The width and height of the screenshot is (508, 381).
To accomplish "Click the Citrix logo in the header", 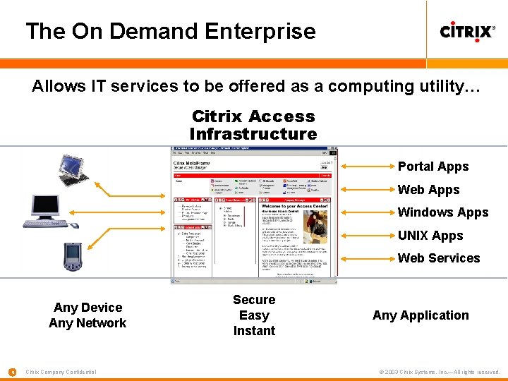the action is coord(466,32).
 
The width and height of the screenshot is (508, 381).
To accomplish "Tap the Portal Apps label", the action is coord(433,167).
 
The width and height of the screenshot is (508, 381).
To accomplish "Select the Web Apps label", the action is coord(428,190).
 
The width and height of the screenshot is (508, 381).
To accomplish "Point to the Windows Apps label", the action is coord(443,212).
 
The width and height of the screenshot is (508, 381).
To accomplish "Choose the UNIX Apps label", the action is coord(430,236).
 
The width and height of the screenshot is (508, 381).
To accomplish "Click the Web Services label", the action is coord(439,258).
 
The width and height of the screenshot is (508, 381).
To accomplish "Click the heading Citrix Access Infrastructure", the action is coord(253,125).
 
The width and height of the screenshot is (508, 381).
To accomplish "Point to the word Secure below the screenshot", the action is coord(254,300).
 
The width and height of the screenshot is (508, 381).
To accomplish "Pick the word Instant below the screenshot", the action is coord(254,331).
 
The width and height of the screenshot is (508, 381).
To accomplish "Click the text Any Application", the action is coord(421,315).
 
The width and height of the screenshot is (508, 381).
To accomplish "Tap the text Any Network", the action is coord(87,323).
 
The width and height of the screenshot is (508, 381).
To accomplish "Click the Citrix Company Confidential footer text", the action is coord(61,372).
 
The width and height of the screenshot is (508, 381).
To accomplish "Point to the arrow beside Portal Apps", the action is coord(366,167).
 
